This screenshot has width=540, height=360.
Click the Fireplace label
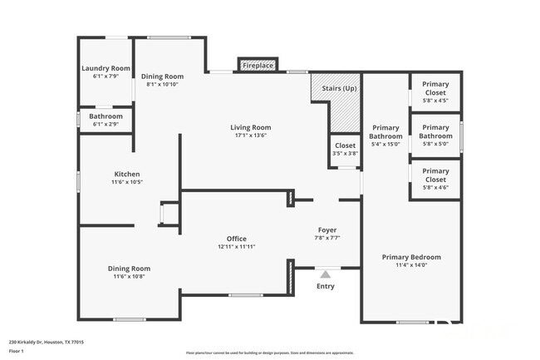258,64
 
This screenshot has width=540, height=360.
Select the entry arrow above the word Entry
326,273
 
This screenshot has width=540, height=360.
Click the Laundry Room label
105,68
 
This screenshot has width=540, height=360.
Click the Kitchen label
127,174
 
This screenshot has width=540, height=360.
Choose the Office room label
237,239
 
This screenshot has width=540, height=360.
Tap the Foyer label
327,229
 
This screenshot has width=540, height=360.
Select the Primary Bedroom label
411,257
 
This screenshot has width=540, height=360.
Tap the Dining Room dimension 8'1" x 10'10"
162,84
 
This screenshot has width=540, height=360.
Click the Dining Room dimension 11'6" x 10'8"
128,277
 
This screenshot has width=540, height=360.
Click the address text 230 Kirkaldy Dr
46,341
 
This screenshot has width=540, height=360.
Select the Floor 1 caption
17,352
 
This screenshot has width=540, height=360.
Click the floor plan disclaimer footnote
269,353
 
